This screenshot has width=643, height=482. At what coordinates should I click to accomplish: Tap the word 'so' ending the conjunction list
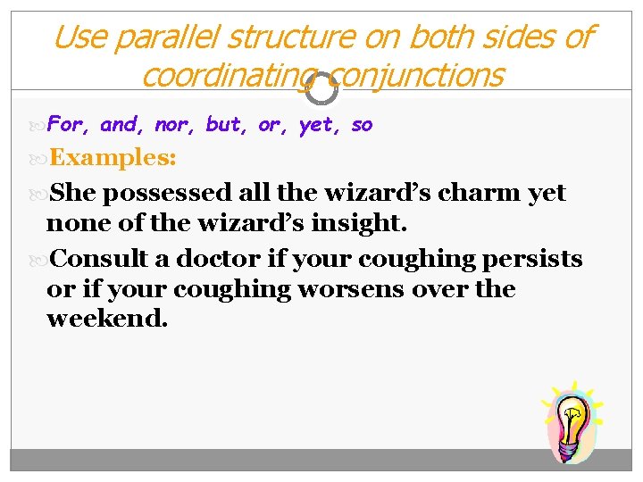pos(362,125)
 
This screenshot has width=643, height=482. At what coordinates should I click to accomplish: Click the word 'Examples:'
pos(113,159)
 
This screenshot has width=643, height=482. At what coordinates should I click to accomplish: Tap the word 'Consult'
pos(99,260)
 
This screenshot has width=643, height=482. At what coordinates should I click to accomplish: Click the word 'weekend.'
pos(107,319)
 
